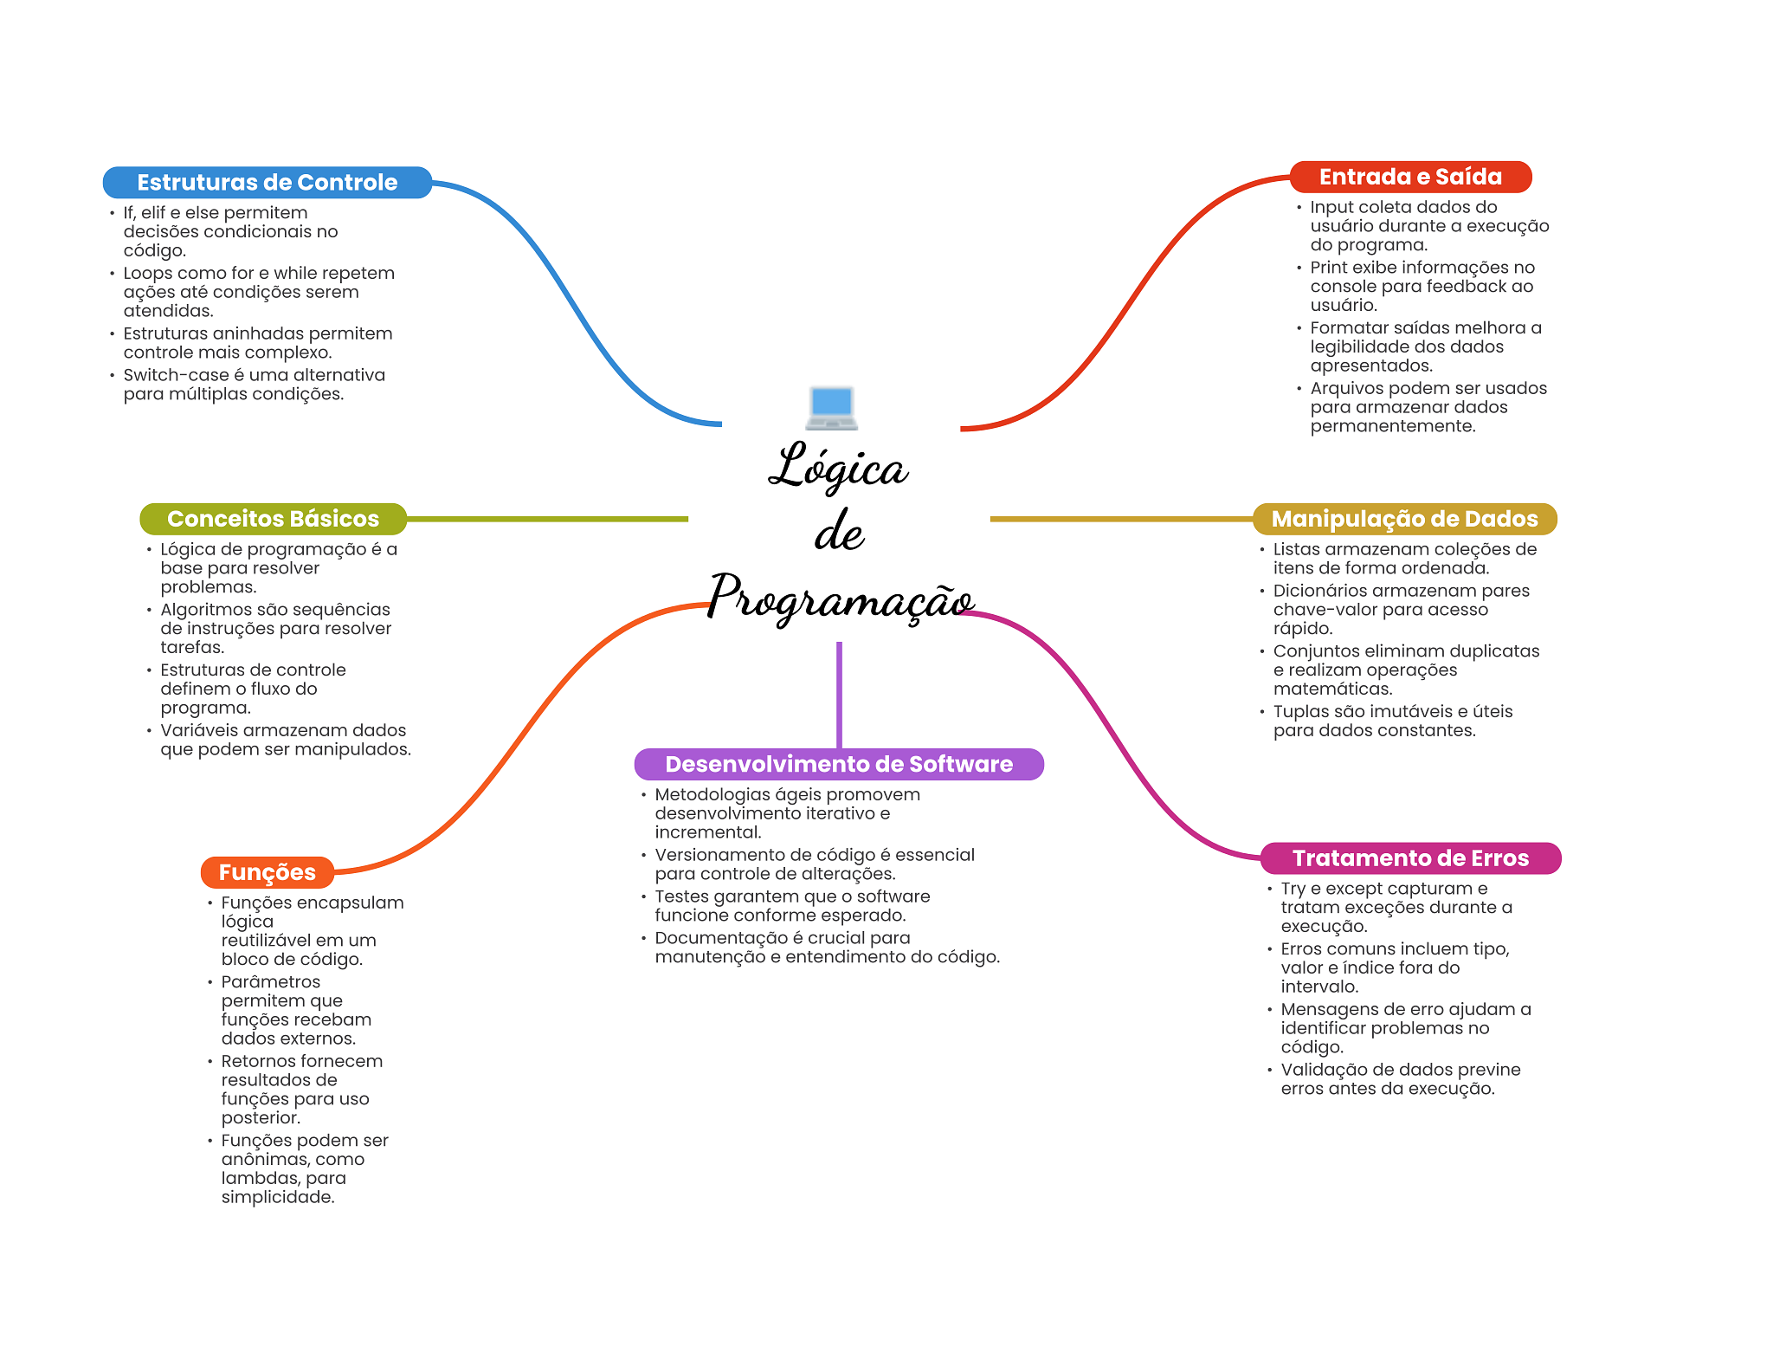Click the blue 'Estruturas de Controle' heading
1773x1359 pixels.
click(x=267, y=183)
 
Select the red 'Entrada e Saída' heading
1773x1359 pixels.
click(x=1410, y=177)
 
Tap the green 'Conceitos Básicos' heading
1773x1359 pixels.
click(x=273, y=519)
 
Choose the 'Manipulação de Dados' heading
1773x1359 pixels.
click(x=1404, y=519)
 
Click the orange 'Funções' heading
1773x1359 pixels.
click(x=267, y=872)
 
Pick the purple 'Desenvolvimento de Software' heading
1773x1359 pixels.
click(x=838, y=764)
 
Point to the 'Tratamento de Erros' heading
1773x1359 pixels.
click(x=1410, y=858)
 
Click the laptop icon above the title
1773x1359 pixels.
click(x=831, y=407)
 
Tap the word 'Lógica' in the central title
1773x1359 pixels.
click(x=838, y=468)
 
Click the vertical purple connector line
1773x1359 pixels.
click(x=839, y=693)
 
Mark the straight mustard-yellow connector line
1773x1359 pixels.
click(x=1121, y=519)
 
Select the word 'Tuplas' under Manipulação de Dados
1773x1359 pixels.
click(x=1299, y=712)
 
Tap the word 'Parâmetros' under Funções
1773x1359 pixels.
click(x=270, y=982)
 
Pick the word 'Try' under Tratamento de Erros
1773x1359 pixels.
click(x=1293, y=889)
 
